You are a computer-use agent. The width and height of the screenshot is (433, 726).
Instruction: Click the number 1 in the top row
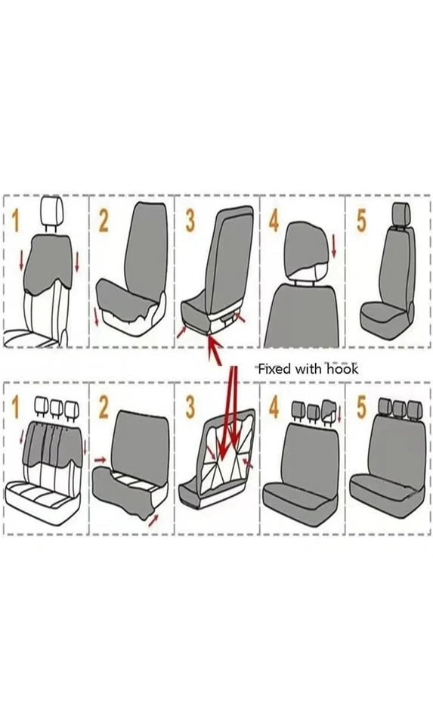(16, 220)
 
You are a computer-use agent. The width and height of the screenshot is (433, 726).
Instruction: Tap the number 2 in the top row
(104, 220)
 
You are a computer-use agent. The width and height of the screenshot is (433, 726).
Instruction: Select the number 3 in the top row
(190, 220)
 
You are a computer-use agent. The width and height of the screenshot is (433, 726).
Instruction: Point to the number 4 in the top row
(274, 220)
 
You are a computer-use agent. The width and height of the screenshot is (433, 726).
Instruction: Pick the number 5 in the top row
(361, 220)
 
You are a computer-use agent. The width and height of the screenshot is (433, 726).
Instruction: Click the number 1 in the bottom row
(16, 408)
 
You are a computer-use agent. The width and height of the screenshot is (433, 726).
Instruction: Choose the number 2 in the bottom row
(104, 408)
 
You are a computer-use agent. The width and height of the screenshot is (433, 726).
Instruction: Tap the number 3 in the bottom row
(190, 408)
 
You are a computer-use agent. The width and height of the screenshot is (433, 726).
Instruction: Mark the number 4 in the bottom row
(274, 408)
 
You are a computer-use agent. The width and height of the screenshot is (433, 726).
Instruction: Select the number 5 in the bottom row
(361, 408)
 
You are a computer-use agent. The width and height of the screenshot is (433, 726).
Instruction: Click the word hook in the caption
(343, 369)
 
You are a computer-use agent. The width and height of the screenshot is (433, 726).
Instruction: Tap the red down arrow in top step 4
(334, 246)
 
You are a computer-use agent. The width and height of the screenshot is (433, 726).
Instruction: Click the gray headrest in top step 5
(401, 214)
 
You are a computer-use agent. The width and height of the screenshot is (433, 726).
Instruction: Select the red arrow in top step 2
(97, 316)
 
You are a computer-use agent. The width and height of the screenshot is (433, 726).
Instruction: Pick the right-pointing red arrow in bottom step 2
(100, 460)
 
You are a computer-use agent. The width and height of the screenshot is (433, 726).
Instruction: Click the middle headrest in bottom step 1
(56, 408)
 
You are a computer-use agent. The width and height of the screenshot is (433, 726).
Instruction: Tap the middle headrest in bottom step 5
(399, 408)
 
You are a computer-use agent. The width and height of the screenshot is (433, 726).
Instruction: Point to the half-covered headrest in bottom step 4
(329, 411)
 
